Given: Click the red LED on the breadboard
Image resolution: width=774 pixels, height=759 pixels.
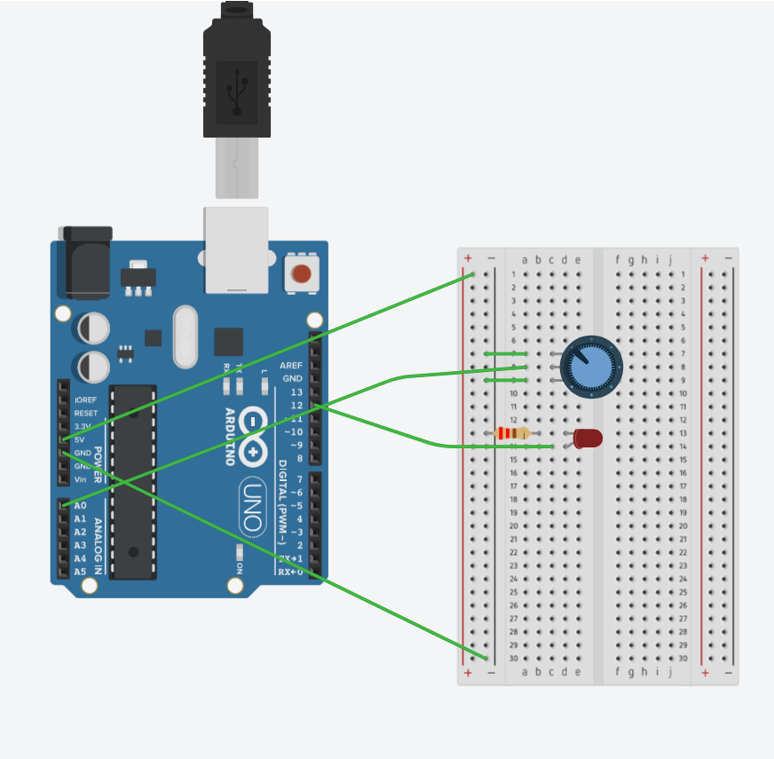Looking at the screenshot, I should [x=588, y=438].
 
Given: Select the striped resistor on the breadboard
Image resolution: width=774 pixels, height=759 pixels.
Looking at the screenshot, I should [x=513, y=433].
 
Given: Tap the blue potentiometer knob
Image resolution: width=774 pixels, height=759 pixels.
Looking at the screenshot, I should [x=591, y=367].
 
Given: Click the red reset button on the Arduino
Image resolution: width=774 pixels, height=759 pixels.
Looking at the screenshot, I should [x=302, y=273].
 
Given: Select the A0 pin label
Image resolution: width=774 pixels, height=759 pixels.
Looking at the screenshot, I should [x=81, y=505].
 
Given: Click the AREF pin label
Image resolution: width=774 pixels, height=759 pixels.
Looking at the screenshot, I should [x=291, y=366].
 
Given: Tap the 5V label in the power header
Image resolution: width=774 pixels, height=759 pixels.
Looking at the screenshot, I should [x=80, y=439].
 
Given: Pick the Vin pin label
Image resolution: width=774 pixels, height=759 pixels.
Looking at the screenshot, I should [x=81, y=479].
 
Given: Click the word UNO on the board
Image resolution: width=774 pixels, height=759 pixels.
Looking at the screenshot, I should [x=251, y=509].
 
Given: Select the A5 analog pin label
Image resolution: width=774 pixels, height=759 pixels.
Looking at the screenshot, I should [x=81, y=572].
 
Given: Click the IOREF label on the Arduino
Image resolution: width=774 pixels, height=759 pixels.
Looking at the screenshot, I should [x=86, y=400].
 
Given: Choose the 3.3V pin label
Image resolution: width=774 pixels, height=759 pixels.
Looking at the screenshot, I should [x=83, y=426].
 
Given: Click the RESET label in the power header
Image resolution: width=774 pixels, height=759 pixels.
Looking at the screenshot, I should [x=86, y=414].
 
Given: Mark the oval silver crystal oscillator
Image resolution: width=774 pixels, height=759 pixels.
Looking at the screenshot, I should [x=186, y=336].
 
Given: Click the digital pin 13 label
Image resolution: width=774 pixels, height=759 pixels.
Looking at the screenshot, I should [x=296, y=392].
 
